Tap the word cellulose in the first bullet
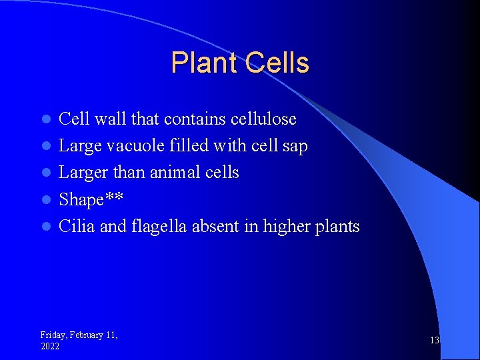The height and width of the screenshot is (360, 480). [x=263, y=119]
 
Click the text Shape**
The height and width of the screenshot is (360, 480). [x=91, y=199]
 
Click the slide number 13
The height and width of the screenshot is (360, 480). [x=435, y=341]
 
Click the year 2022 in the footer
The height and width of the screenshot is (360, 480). [x=50, y=347]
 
